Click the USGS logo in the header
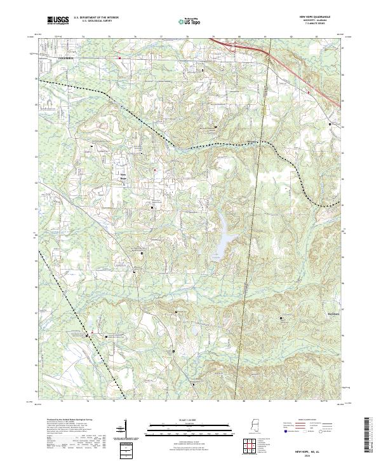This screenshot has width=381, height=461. [58, 20]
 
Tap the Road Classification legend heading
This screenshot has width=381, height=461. [307, 420]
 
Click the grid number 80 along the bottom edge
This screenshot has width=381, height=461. [243, 401]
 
